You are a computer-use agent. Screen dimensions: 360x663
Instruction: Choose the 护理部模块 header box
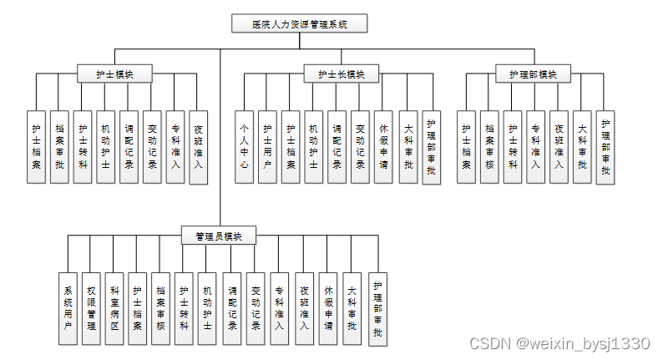532,74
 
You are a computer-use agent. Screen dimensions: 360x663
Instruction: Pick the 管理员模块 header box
219,236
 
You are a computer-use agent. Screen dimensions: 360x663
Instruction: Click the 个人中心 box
244,147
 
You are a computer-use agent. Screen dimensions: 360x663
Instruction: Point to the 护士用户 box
267,147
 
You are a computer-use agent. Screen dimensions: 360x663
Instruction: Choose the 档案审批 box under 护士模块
59,147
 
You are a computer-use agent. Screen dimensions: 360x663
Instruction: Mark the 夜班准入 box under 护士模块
198,147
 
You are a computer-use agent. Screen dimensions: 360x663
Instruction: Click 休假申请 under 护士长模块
383,147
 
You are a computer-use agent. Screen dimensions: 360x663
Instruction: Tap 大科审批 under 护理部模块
582,147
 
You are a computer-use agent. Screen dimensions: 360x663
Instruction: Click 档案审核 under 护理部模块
489,147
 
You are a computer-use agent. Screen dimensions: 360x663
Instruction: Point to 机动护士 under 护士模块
105,147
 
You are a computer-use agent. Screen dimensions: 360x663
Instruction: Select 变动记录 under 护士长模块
360,147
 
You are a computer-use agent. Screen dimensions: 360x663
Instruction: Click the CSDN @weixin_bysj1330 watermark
559,343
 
